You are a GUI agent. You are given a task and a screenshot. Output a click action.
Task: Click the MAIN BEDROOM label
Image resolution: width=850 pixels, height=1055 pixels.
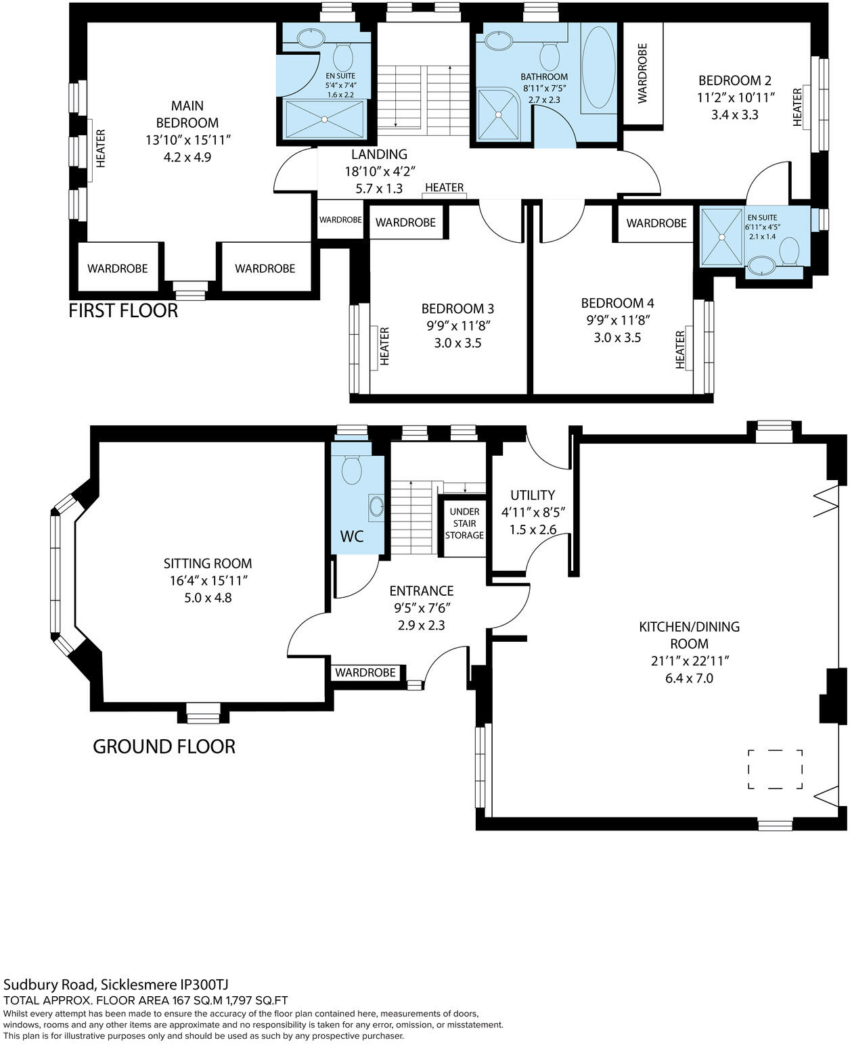pos(187,114)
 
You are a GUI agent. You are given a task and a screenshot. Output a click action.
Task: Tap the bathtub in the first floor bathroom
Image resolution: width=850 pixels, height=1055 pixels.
pos(598,68)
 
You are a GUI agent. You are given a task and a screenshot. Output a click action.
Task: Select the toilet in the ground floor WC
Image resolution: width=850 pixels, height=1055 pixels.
pos(352,469)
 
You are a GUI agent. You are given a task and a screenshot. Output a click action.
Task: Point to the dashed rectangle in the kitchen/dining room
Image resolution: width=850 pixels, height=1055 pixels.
pos(775,769)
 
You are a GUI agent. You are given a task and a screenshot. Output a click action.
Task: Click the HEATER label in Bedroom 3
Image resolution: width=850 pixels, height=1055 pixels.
pos(384,346)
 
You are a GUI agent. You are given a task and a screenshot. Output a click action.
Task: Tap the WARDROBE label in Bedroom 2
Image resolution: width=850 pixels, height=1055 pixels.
pos(642,73)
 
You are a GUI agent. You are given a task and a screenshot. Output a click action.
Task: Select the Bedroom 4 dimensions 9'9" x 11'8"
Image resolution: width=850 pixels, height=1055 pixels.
pos(617,320)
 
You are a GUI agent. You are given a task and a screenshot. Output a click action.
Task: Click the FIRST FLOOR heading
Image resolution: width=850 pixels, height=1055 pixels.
pos(123,310)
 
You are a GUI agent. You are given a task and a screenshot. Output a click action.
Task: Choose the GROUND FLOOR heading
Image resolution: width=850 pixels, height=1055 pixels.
pos(164,747)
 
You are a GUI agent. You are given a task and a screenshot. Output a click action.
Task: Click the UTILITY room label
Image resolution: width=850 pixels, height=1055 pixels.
pos(533,495)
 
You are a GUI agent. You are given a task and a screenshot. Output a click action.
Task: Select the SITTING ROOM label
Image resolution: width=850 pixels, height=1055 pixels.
pos(208,563)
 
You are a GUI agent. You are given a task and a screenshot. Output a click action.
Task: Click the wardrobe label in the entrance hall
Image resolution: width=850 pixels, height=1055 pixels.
pos(365,672)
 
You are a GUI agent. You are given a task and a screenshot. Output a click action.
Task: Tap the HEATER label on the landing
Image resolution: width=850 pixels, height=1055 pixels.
pos(445,187)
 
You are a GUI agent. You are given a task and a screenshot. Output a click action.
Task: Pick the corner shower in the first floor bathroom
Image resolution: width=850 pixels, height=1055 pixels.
pos(499,115)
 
